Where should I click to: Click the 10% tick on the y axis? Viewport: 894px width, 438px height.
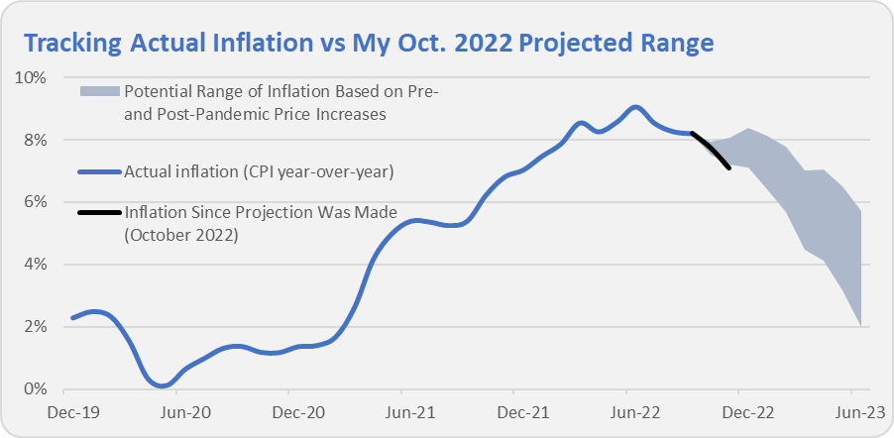(x=34, y=77)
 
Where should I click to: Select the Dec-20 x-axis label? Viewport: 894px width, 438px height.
(x=294, y=409)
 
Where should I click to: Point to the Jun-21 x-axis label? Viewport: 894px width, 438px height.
(x=406, y=409)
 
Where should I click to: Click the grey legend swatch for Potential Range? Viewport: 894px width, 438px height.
(x=98, y=92)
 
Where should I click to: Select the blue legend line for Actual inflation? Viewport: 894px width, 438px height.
(x=98, y=172)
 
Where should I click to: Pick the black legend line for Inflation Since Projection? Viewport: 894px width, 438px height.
(x=98, y=212)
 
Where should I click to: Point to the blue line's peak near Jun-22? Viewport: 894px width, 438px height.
(x=635, y=107)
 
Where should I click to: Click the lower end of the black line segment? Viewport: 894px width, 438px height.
(x=730, y=168)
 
